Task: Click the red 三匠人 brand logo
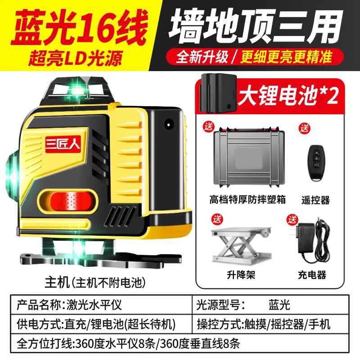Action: (63, 144)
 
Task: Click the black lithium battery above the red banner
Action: (218, 93)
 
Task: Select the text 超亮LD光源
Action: (75, 58)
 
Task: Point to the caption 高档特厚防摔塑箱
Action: (247, 199)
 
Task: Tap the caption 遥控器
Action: (316, 200)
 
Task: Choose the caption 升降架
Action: (241, 274)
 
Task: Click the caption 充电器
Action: (312, 274)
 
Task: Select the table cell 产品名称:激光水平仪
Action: (69, 305)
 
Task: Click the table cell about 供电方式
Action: (96, 324)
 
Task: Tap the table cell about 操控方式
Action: (264, 324)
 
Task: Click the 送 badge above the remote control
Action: (305, 128)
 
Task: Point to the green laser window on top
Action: (78, 90)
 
